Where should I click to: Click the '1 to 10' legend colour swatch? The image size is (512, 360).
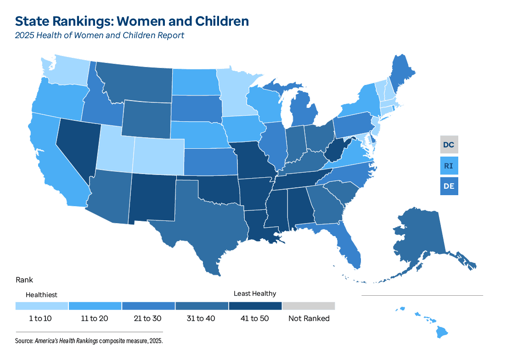click(x=42, y=306)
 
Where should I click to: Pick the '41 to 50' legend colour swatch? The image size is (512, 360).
click(x=255, y=306)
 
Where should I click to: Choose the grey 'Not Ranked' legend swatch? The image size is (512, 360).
click(x=309, y=306)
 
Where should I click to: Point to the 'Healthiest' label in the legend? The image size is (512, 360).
click(x=41, y=295)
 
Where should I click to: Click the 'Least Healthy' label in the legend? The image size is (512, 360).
click(x=255, y=293)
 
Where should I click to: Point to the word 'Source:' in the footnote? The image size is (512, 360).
click(x=24, y=341)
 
